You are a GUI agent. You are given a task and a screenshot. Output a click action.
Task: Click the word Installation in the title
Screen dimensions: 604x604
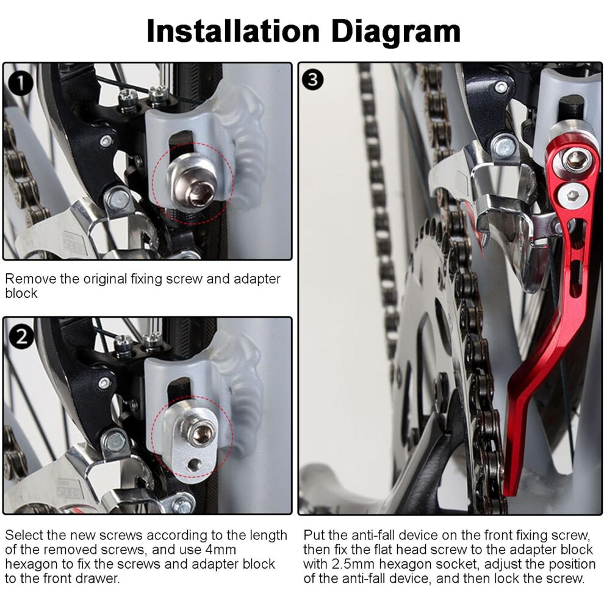[233, 31]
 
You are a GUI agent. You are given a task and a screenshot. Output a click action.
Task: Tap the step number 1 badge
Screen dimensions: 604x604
[20, 84]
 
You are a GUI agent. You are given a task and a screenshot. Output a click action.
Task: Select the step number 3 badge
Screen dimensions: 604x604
[312, 80]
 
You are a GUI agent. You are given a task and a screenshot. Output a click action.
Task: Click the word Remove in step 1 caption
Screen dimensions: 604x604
[31, 278]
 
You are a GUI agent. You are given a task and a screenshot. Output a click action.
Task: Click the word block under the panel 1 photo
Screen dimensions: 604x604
[21, 293]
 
